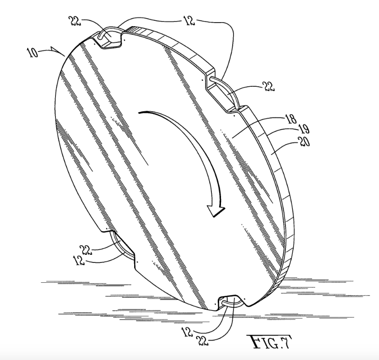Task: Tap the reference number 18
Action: tap(291, 119)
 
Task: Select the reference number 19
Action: tap(304, 129)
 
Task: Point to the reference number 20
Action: tap(304, 142)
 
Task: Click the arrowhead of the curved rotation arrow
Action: tap(216, 211)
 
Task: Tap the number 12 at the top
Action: tap(189, 21)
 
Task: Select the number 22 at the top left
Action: tap(75, 21)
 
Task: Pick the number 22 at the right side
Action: tap(269, 86)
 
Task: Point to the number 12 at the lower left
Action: tap(80, 261)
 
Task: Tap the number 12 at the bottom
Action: tap(188, 332)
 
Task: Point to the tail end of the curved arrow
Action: tap(139, 112)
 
